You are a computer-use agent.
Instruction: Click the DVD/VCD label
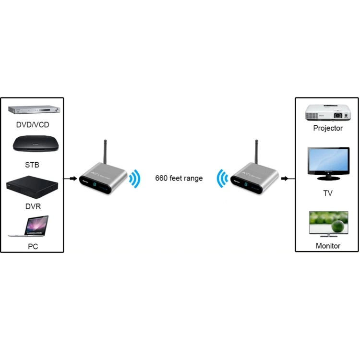(32, 125)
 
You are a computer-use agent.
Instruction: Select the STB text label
(32, 165)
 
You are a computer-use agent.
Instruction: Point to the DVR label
(32, 206)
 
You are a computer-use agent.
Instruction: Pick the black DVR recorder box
(32, 189)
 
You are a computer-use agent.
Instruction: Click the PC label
(32, 247)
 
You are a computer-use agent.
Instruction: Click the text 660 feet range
(179, 178)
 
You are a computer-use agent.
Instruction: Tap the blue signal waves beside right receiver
(222, 178)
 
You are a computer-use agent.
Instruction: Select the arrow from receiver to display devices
(285, 179)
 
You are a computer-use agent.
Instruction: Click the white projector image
(326, 112)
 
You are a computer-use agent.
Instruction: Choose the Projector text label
(328, 128)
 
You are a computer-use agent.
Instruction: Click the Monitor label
(328, 246)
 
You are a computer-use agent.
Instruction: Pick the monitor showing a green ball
(328, 224)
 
